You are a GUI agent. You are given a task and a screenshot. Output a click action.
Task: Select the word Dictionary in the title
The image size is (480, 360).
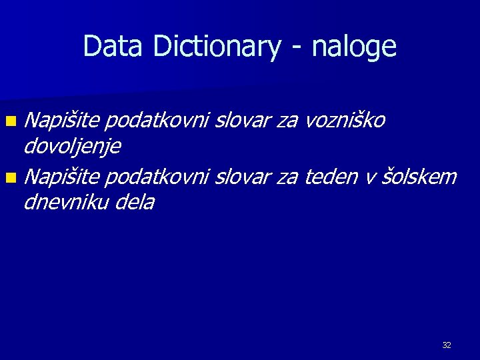pos(215,47)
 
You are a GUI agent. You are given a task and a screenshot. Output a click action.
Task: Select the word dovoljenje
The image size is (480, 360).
pos(71,145)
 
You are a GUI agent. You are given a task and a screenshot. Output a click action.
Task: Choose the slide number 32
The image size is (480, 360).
pos(446,345)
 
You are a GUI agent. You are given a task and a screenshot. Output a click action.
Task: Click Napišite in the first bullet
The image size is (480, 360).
pos(63,120)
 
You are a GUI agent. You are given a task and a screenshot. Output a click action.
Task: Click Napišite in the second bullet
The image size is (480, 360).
pos(63,177)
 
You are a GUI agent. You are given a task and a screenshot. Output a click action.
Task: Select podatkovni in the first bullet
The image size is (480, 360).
pos(157,120)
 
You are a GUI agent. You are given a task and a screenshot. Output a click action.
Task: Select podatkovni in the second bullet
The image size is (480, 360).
pos(157,177)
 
